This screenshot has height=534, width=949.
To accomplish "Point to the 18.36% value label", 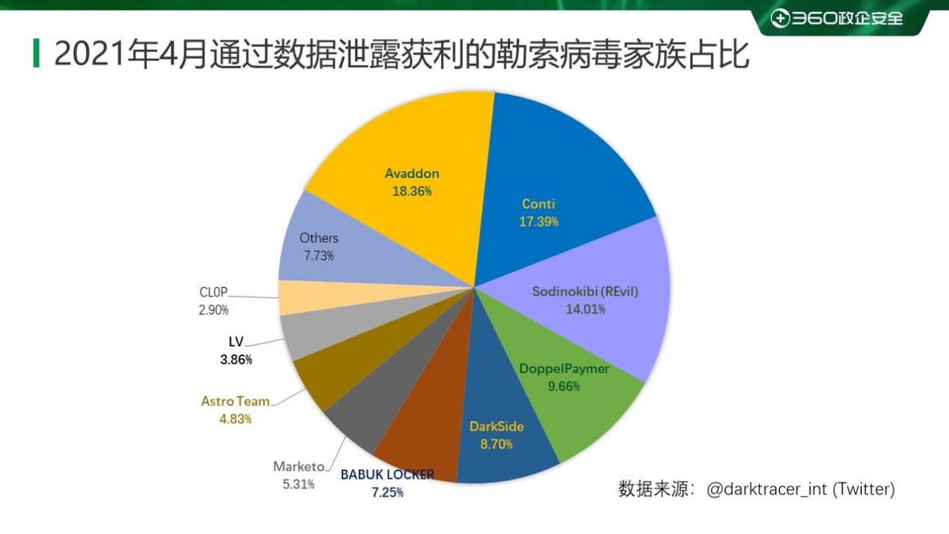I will pos(411,191).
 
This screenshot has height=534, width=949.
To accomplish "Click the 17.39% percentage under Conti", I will pos(539,222).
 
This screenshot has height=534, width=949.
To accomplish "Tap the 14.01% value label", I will pos(585,309).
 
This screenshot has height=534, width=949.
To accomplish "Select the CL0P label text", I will pos(214,293).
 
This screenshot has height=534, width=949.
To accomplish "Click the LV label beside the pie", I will pos(236,343).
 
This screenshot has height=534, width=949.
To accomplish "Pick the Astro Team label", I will pos(235,401).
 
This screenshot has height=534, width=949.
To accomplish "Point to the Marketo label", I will pos(298,466).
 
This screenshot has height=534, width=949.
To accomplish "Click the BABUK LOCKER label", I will pos(388,475).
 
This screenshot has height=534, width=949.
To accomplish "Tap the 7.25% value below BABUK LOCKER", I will pos(388,493).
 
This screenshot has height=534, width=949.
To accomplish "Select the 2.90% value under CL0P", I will pos(214,310).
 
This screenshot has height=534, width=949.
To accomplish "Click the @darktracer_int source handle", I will pos(764,490).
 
